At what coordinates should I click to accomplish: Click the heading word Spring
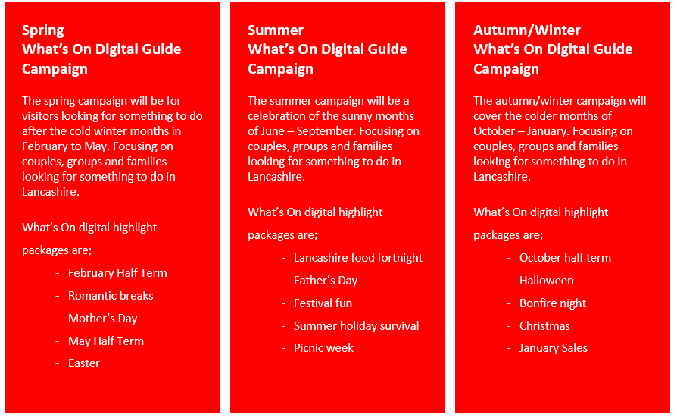point(42,30)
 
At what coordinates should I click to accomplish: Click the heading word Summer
point(276,30)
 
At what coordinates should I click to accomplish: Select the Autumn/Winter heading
point(527,30)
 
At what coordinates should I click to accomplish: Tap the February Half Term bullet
point(117,273)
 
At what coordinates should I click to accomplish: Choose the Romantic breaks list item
point(111,296)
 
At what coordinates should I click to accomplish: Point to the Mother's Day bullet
point(103,319)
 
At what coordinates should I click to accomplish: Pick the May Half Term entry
point(106,341)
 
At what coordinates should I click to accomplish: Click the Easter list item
point(84,363)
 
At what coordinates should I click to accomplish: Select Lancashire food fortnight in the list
point(358,258)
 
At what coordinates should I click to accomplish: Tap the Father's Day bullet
point(326,281)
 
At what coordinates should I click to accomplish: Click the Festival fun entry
point(323,303)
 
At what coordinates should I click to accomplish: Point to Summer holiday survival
point(356,326)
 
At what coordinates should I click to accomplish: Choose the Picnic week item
point(323,348)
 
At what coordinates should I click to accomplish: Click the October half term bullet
point(565,258)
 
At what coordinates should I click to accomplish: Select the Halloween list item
point(547,281)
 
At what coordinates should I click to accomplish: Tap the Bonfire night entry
point(553,303)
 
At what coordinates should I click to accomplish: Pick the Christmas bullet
point(544,326)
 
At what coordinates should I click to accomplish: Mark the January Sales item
point(553,348)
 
